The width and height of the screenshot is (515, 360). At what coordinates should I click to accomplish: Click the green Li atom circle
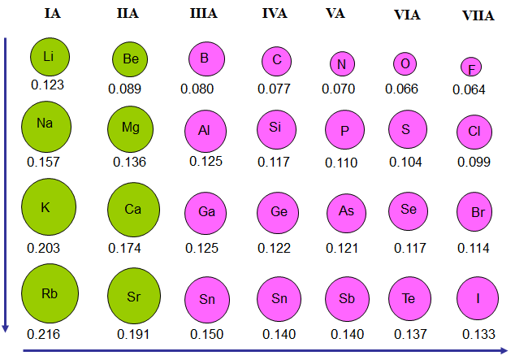tap(48, 56)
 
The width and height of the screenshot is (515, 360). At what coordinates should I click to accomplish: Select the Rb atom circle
tap(50, 293)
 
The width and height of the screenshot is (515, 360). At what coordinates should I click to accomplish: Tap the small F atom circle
tap(470, 67)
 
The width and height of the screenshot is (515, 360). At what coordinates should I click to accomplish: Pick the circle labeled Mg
tap(131, 128)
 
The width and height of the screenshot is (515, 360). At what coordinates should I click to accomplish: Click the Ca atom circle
tap(133, 209)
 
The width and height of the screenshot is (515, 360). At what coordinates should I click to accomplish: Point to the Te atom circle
tap(409, 297)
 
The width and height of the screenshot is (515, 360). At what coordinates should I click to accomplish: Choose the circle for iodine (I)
tap(478, 297)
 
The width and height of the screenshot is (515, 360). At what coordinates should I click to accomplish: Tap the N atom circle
tap(342, 64)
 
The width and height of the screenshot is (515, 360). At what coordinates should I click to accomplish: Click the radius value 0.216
tap(44, 332)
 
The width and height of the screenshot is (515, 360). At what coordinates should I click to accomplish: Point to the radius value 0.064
tap(468, 89)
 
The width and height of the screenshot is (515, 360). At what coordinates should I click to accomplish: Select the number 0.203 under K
tap(44, 248)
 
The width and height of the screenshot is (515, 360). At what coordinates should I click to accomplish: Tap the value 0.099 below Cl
tap(474, 162)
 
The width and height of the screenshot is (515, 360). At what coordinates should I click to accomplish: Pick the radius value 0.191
tap(133, 333)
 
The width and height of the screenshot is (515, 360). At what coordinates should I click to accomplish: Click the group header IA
tap(50, 14)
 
